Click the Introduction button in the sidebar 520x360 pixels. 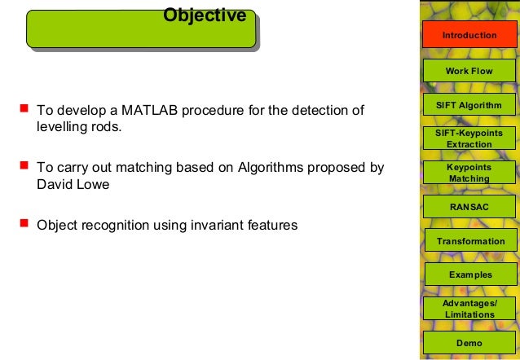[469, 36]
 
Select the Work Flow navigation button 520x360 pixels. [469, 71]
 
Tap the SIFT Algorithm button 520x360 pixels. [469, 106]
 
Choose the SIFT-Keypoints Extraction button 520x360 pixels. [469, 138]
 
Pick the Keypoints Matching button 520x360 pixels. [469, 173]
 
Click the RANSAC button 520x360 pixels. [469, 207]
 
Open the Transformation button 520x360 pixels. [470, 241]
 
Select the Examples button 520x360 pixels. [470, 274]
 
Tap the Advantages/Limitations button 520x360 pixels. [469, 309]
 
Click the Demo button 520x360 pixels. [469, 343]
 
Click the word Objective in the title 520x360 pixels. [205, 15]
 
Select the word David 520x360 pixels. [54, 184]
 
